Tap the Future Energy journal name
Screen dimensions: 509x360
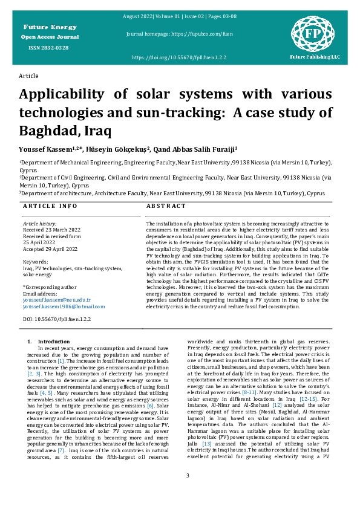pos(50,27)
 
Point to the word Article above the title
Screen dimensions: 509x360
pos(28,76)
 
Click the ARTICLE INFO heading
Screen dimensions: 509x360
pos(50,206)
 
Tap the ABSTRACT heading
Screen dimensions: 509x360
pos(166,206)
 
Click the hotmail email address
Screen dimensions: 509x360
pos(64,306)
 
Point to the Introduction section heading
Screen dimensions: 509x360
pos(54,342)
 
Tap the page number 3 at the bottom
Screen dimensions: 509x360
pos(188,476)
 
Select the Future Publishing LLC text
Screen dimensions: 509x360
pos(315,57)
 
